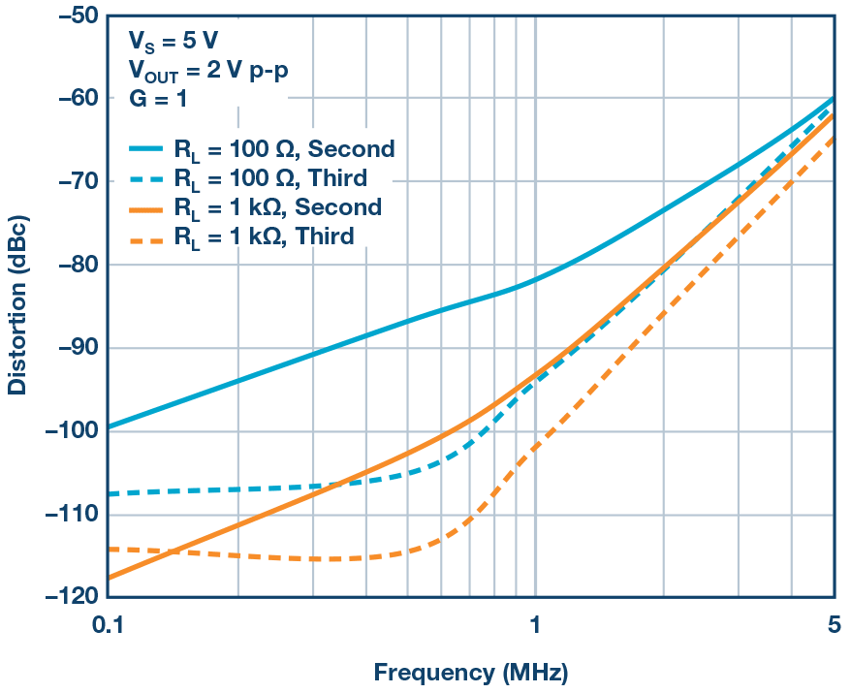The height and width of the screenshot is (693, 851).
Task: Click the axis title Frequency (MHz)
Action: [471, 672]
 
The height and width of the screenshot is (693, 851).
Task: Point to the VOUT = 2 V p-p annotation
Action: [207, 70]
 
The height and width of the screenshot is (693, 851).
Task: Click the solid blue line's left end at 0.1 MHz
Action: [107, 426]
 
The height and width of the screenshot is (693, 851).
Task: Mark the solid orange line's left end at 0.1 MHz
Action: [107, 578]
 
